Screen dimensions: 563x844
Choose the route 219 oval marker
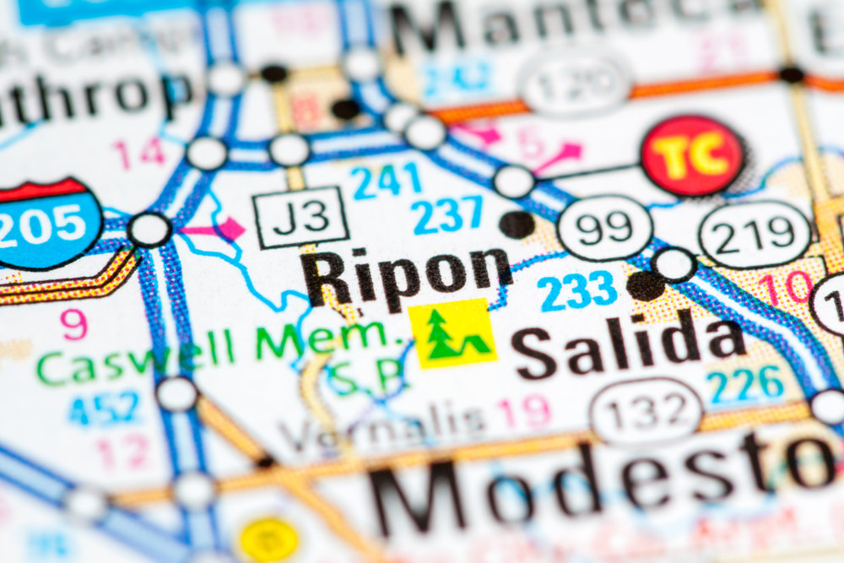(755, 234)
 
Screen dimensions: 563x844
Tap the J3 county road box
(301, 217)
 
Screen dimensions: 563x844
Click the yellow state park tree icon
(452, 333)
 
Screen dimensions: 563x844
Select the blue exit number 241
(386, 181)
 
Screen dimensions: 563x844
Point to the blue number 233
(578, 290)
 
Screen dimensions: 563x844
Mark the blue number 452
(105, 409)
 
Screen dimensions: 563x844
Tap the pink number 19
(523, 413)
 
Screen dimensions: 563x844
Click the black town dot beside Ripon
(517, 225)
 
